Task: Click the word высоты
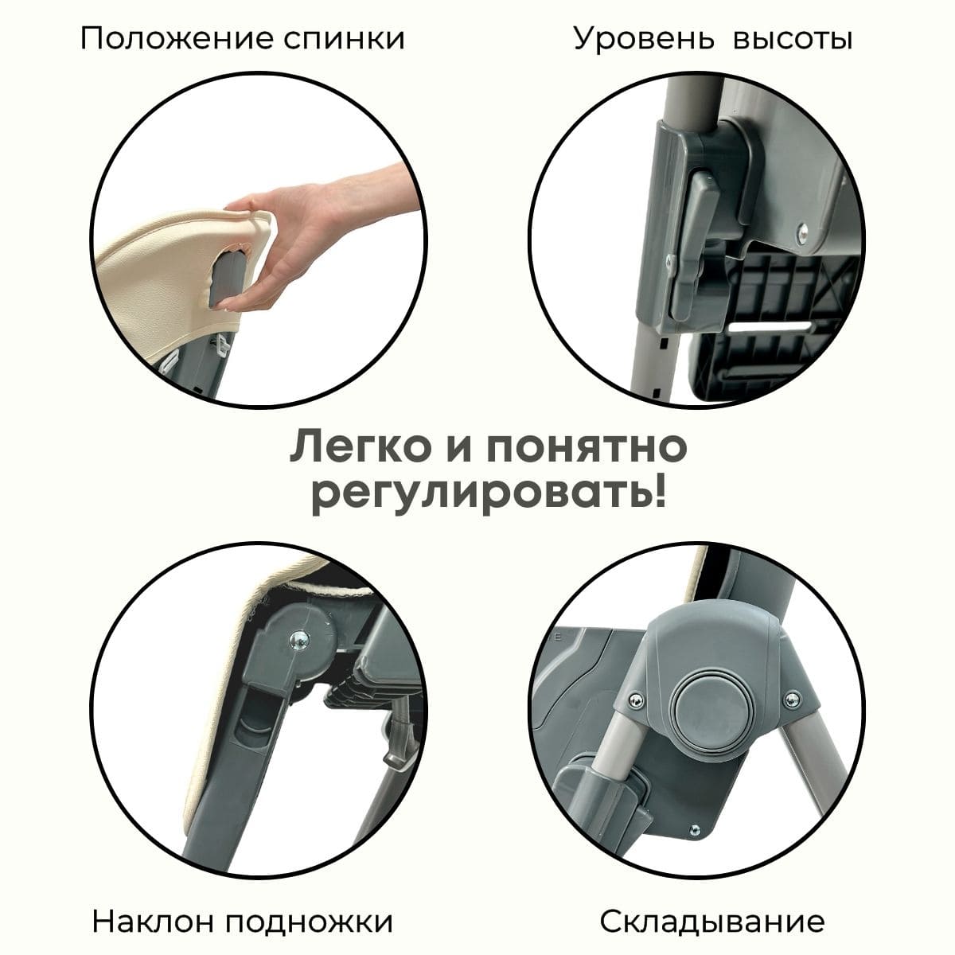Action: point(793,40)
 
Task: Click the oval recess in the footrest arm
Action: point(255,719)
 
